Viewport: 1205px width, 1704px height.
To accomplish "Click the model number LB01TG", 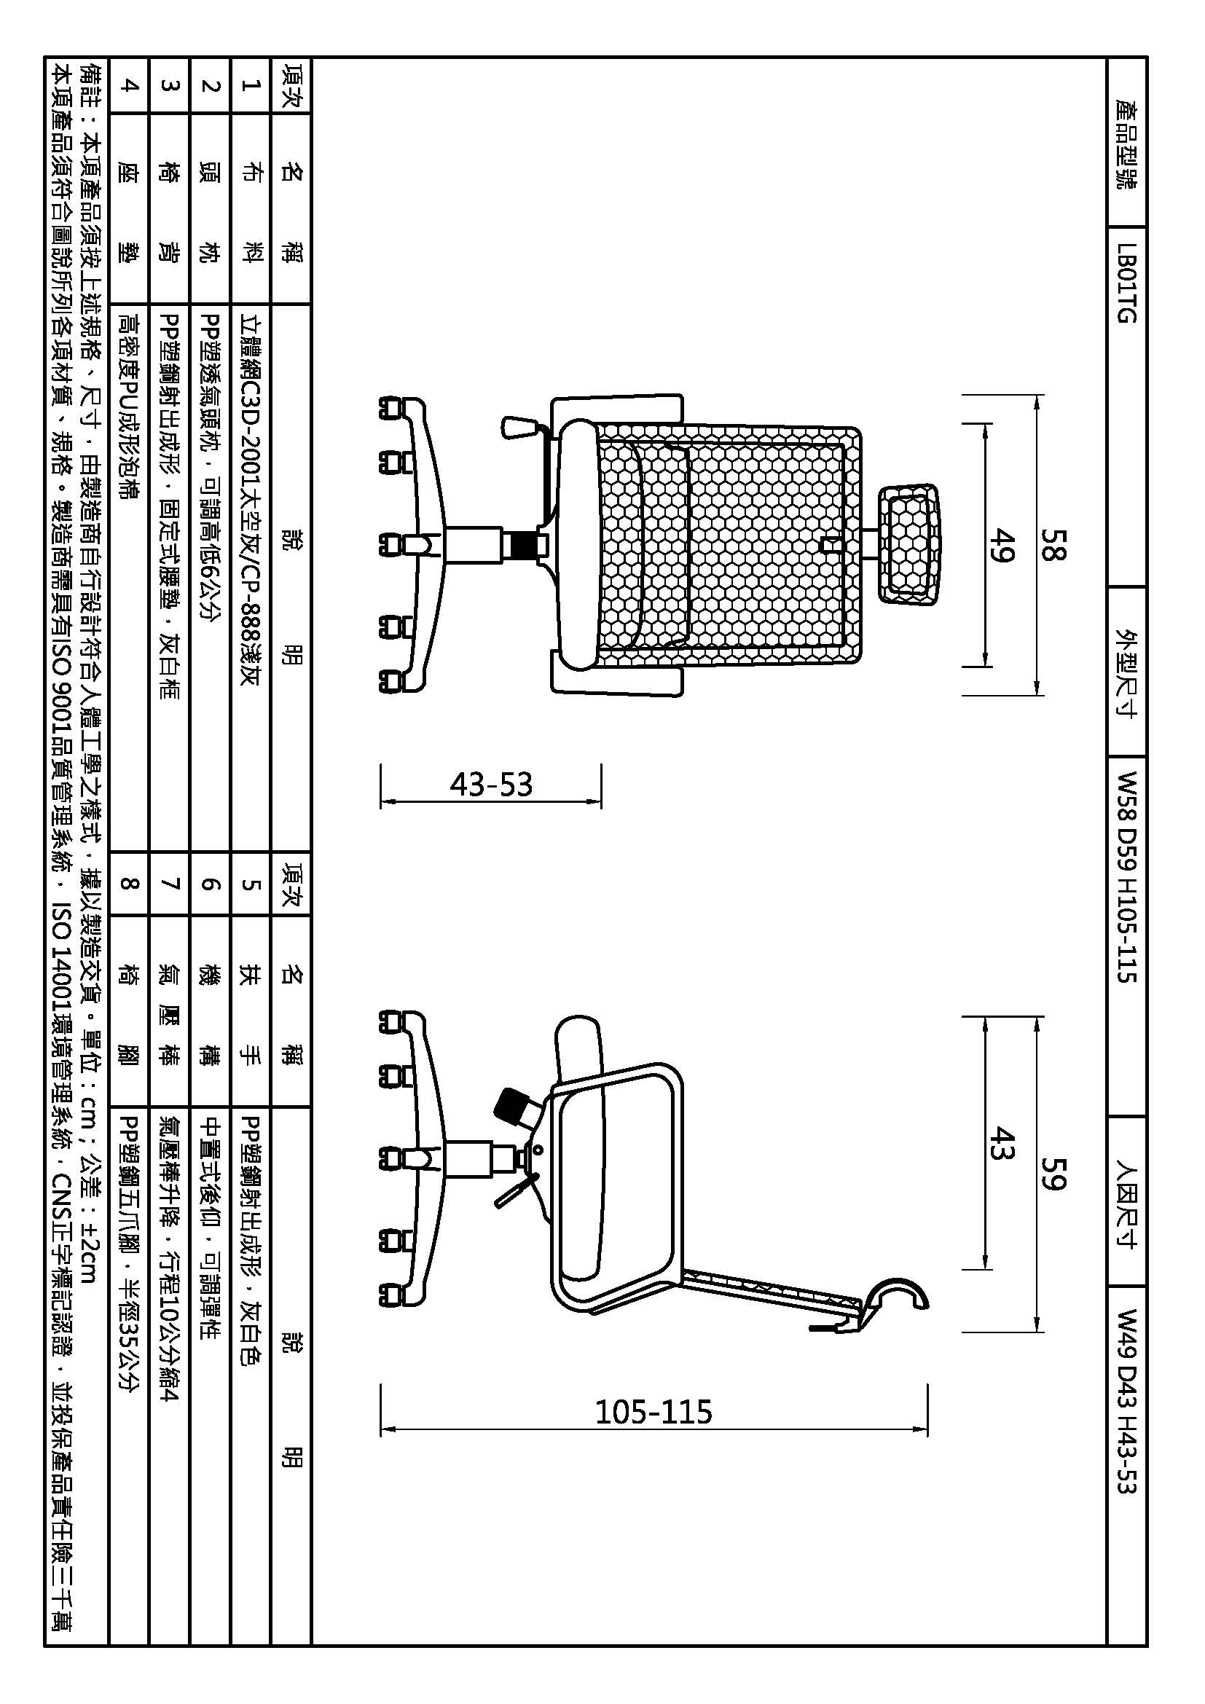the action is click(1126, 284).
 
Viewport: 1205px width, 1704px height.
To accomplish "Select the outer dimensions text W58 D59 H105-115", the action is click(1126, 877).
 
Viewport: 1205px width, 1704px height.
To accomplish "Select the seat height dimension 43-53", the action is click(491, 785).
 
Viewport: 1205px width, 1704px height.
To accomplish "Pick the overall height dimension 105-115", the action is click(653, 1412).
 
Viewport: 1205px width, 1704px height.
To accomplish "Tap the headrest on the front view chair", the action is click(909, 545).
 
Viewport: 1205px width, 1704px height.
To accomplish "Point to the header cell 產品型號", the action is click(1126, 144).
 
